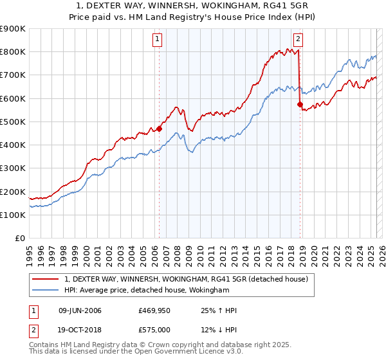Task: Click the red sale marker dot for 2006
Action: [160, 129]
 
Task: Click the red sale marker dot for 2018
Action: [300, 104]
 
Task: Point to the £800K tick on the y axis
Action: [13, 52]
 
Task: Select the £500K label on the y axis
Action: [13, 122]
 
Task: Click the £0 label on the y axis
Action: [20, 239]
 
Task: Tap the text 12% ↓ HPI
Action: [219, 330]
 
